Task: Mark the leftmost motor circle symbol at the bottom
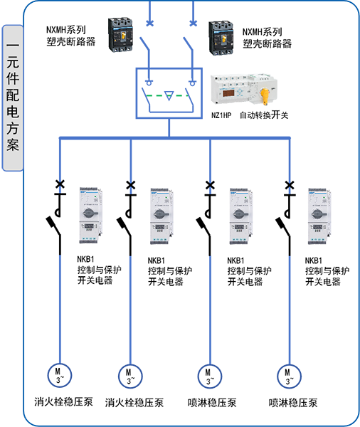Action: [54, 374]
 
